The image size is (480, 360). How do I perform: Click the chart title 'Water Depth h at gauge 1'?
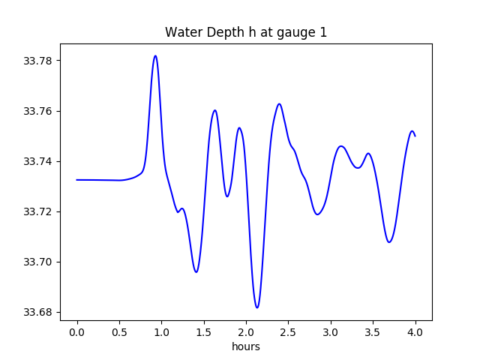coord(246,32)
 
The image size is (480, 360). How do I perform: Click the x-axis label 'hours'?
coord(246,346)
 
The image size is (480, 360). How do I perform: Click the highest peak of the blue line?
coord(155,55)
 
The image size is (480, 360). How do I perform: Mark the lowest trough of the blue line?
coord(256,307)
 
